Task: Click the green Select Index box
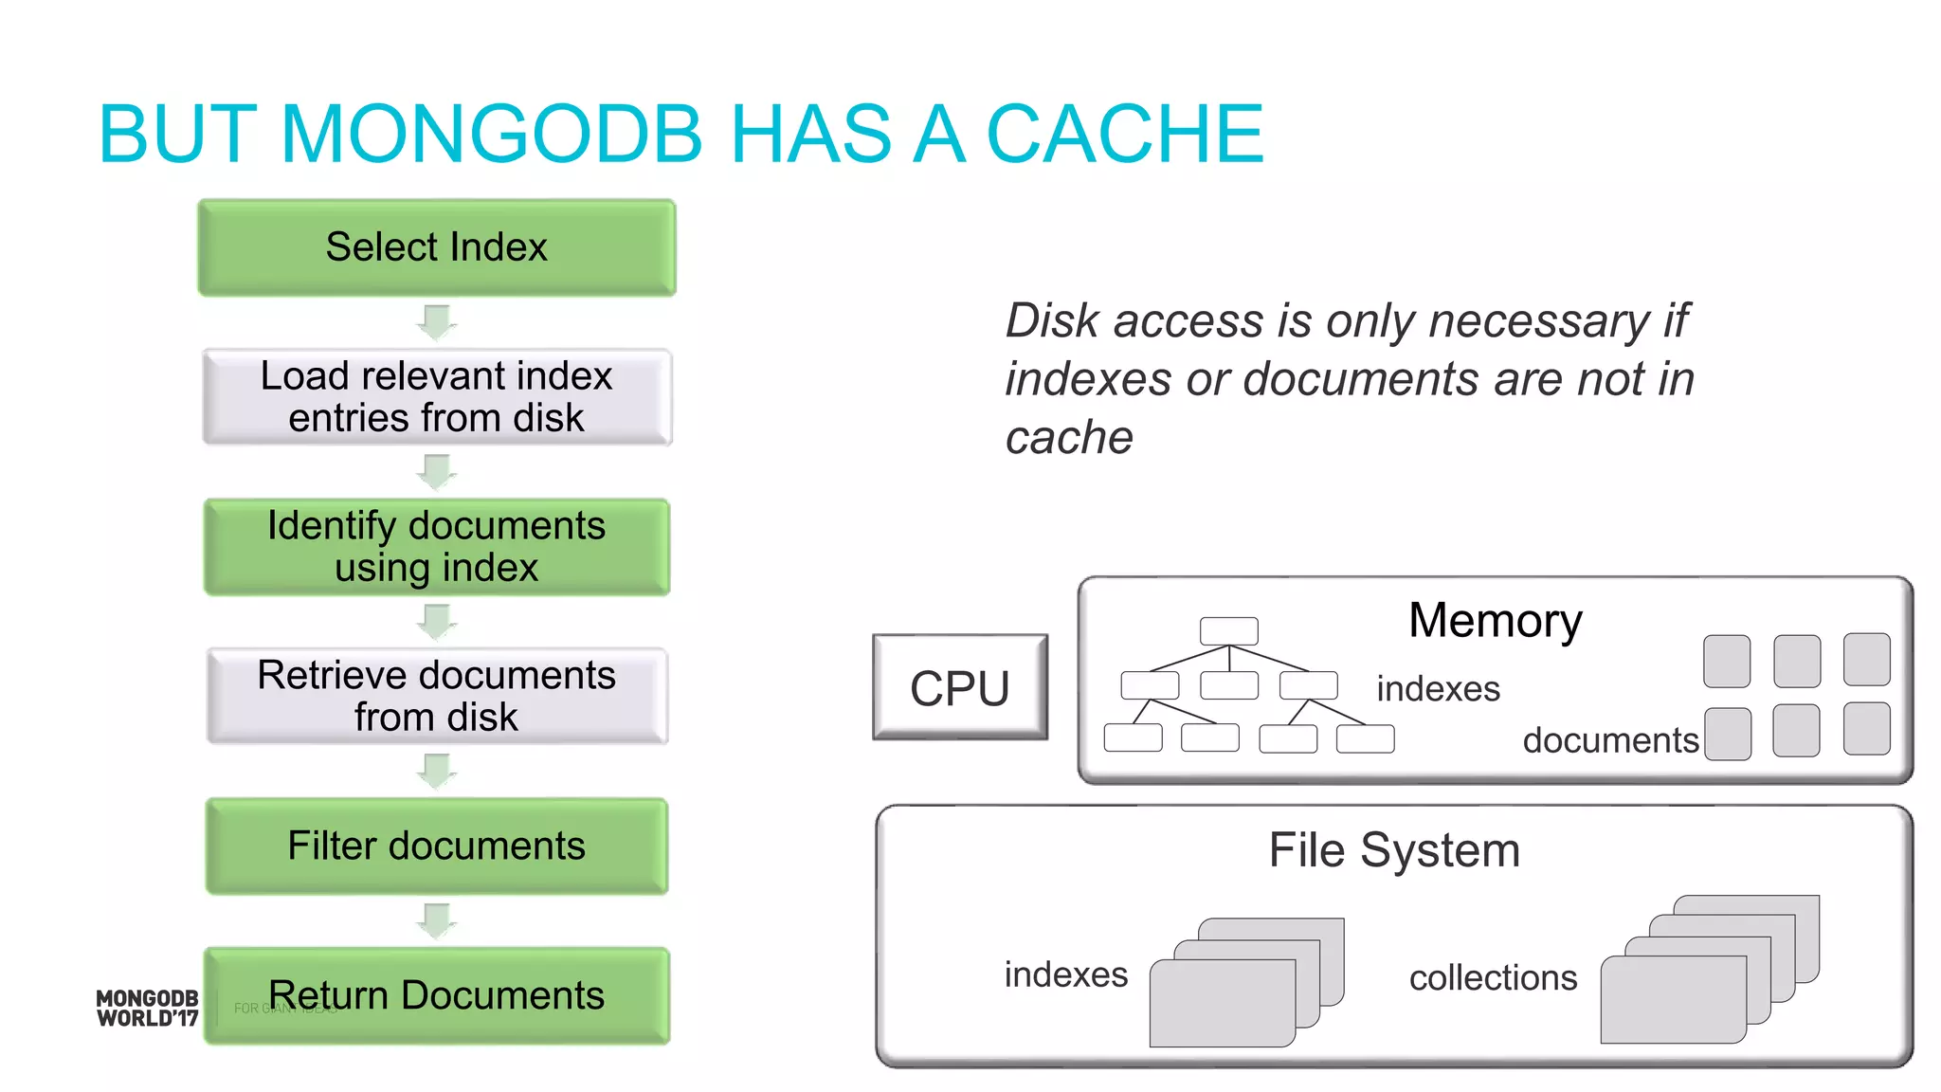[x=436, y=247]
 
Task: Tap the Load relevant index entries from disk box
[x=436, y=397]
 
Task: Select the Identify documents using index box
[x=436, y=547]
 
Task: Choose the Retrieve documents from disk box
[x=436, y=696]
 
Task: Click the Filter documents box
[x=436, y=846]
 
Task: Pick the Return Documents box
[x=436, y=995]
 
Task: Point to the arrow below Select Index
[x=437, y=322]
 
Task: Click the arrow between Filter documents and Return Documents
[x=437, y=919]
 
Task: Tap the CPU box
[x=959, y=687]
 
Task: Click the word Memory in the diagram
[x=1495, y=621]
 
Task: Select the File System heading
[x=1394, y=850]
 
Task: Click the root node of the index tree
[x=1228, y=631]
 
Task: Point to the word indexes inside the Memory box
[x=1438, y=689]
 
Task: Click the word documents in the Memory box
[x=1610, y=740]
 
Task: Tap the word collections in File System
[x=1493, y=978]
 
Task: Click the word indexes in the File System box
[x=1065, y=975]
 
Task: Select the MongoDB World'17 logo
[x=147, y=1009]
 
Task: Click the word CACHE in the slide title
[x=1125, y=135]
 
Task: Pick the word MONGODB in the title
[x=491, y=135]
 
